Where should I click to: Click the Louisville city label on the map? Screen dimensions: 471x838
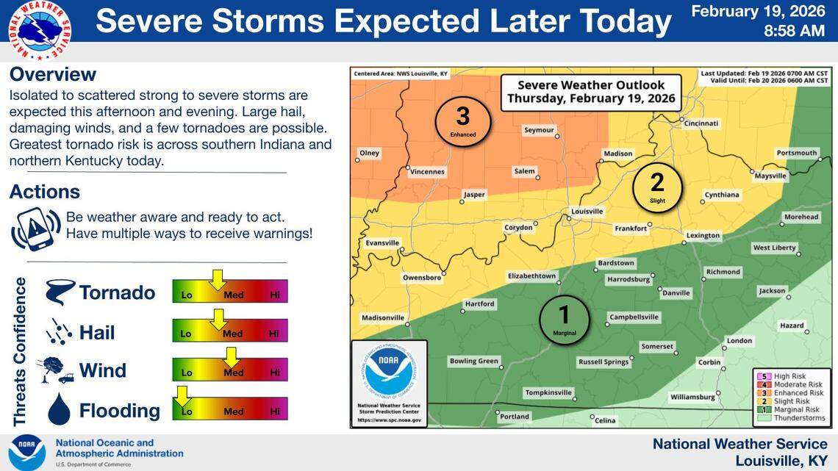pyautogui.click(x=587, y=212)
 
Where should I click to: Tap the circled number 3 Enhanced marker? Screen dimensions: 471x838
pyautogui.click(x=462, y=121)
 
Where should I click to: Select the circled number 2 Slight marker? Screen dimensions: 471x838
pyautogui.click(x=657, y=187)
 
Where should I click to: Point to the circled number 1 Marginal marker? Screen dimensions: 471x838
pyautogui.click(x=564, y=319)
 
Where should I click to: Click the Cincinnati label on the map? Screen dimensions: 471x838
pyautogui.click(x=701, y=123)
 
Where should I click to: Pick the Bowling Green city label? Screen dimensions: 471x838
pyautogui.click(x=473, y=361)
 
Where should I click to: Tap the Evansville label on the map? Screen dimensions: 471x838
pyautogui.click(x=382, y=242)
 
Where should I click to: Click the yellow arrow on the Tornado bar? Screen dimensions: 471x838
pyautogui.click(x=216, y=280)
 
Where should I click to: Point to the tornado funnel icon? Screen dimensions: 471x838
pyautogui.click(x=59, y=292)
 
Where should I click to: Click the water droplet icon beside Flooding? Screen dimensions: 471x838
pyautogui.click(x=59, y=409)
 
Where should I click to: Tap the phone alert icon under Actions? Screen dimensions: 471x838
pyautogui.click(x=35, y=228)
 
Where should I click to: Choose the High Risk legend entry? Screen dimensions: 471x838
pyautogui.click(x=784, y=376)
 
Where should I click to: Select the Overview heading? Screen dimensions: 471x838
pyautogui.click(x=53, y=74)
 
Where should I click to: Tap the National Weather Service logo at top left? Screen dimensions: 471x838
pyautogui.click(x=40, y=30)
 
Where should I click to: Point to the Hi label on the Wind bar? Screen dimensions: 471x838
pyautogui.click(x=274, y=373)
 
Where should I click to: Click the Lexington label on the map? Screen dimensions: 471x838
pyautogui.click(x=703, y=236)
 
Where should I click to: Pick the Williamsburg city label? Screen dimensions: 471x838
pyautogui.click(x=692, y=397)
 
